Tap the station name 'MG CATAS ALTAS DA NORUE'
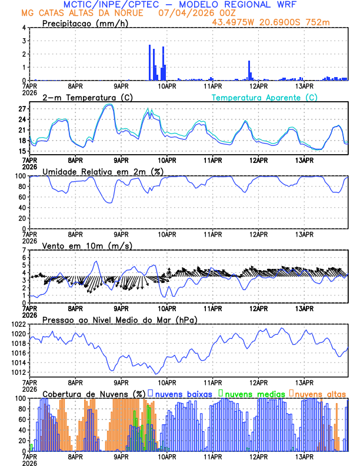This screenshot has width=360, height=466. [82, 13]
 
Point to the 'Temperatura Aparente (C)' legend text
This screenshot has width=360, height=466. [265, 97]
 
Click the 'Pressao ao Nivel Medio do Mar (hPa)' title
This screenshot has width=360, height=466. [119, 319]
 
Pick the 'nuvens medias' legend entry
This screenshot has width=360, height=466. [254, 394]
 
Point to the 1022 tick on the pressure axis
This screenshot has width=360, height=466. [16, 324]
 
